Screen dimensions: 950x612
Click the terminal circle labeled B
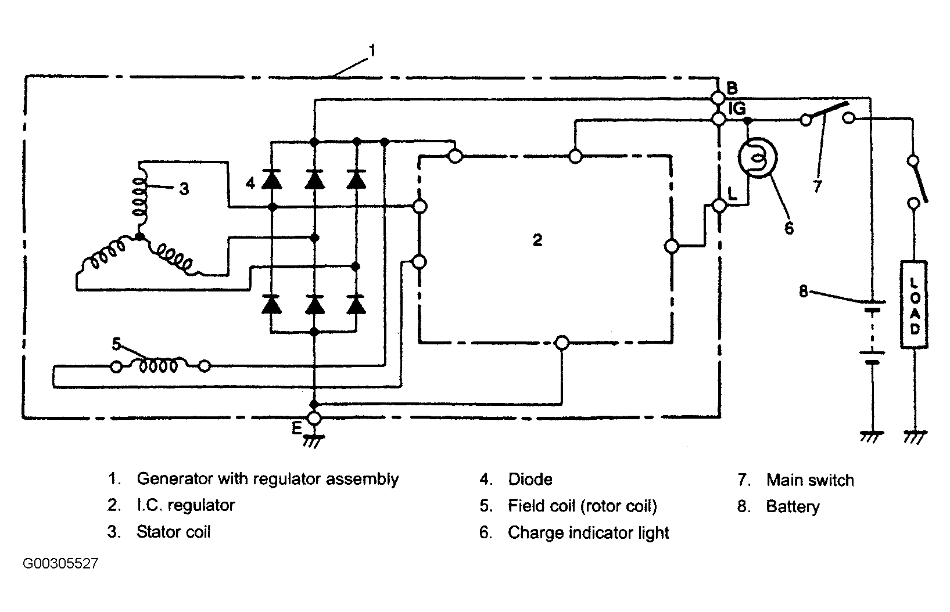click(x=718, y=98)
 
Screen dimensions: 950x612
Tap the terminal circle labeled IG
click(x=719, y=119)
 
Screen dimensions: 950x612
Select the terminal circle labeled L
click(x=720, y=206)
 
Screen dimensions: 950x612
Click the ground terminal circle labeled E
click(x=314, y=419)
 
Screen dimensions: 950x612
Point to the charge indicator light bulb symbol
click(x=758, y=158)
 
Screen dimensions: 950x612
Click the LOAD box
click(x=914, y=305)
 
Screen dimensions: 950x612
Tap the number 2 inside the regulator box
click(x=537, y=240)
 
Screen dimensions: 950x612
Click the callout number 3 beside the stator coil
click(x=184, y=189)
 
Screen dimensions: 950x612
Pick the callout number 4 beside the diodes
click(x=250, y=183)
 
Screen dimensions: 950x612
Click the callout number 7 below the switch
click(x=818, y=186)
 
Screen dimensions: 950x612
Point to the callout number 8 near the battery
click(x=804, y=291)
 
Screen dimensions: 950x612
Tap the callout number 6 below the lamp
click(x=789, y=228)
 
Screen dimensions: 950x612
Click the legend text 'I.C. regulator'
click(x=185, y=505)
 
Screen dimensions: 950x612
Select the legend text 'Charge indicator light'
click(x=588, y=533)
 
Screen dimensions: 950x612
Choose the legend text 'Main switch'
click(x=810, y=480)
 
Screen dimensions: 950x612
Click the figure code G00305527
click(x=60, y=563)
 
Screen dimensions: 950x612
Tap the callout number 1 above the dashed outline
click(x=372, y=51)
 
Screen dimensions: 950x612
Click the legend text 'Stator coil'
click(x=173, y=532)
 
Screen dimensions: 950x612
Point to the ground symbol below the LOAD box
click(x=915, y=437)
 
